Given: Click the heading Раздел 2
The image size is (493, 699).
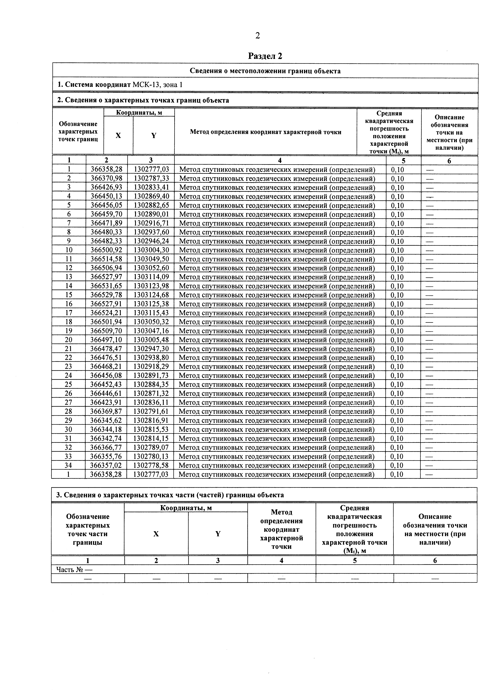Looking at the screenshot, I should pyautogui.click(x=265, y=56).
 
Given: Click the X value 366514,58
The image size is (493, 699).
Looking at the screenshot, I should pyautogui.click(x=106, y=259).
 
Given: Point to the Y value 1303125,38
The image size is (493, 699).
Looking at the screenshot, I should pyautogui.click(x=151, y=304).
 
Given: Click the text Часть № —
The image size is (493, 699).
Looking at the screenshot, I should pyautogui.click(x=74, y=569).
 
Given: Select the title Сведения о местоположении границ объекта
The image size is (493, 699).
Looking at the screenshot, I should pyautogui.click(x=265, y=71).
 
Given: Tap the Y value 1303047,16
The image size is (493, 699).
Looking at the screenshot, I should pyautogui.click(x=151, y=331).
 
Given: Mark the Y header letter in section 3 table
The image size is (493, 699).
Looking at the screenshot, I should pyautogui.click(x=218, y=534).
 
